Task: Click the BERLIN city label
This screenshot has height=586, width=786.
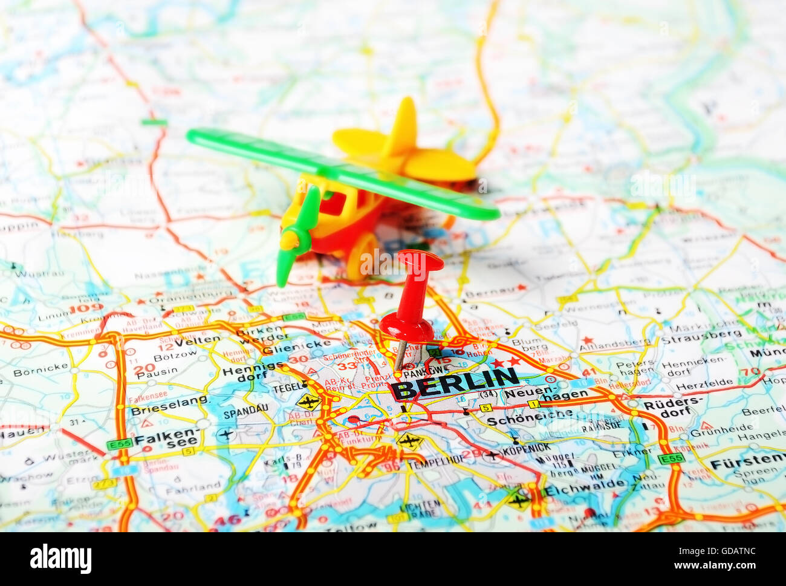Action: pos(455,383)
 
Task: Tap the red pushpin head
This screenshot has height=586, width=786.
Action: pos(420,261)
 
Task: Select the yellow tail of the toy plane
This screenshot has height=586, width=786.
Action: pos(404,145)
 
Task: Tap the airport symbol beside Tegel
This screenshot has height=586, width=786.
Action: pos(309,401)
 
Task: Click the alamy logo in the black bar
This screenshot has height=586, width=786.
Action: pos(60,558)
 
